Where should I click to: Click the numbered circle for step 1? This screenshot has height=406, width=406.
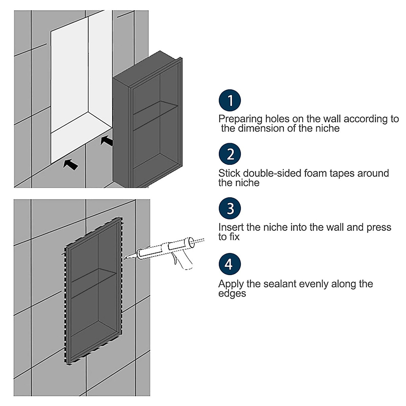(x=230, y=100)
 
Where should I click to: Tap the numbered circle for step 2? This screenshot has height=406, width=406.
(x=230, y=154)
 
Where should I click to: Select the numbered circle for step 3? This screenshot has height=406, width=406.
(x=230, y=208)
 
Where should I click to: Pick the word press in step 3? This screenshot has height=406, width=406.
(x=379, y=228)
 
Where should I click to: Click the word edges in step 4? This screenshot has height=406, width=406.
(x=232, y=293)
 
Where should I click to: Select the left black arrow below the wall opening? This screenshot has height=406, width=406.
(x=71, y=164)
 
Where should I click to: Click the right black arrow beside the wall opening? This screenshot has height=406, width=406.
(x=107, y=140)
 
